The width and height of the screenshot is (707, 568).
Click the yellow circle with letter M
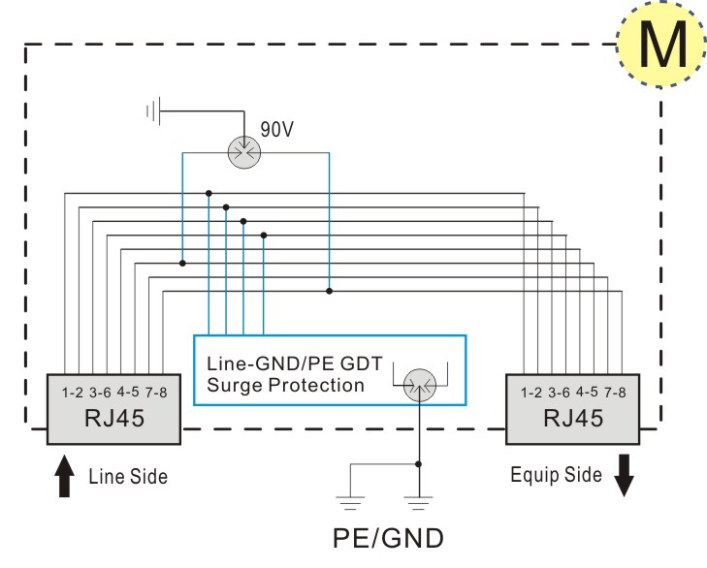(660, 44)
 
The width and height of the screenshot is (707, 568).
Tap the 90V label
(276, 129)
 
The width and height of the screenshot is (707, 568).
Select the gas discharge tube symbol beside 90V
(244, 152)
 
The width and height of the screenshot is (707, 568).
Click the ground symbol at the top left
(153, 110)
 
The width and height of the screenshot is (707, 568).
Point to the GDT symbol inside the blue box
(420, 385)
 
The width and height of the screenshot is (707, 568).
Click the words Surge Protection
(285, 386)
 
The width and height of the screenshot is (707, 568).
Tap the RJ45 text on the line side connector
(114, 418)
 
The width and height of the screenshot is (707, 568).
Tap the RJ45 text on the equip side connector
(573, 418)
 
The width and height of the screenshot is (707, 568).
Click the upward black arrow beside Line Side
(64, 476)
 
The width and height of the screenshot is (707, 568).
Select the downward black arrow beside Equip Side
(624, 476)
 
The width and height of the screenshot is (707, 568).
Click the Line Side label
(128, 477)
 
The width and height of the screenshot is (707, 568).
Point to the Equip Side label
(556, 475)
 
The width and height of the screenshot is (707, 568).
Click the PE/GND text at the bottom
(388, 538)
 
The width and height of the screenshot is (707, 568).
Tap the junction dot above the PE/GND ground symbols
(418, 464)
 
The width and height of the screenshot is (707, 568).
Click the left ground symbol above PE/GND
(350, 503)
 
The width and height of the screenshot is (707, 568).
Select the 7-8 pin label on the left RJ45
(156, 393)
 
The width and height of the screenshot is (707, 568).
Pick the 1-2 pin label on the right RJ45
(531, 393)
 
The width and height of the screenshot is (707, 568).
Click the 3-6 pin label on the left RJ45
(100, 393)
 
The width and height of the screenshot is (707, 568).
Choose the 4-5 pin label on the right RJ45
(587, 392)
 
